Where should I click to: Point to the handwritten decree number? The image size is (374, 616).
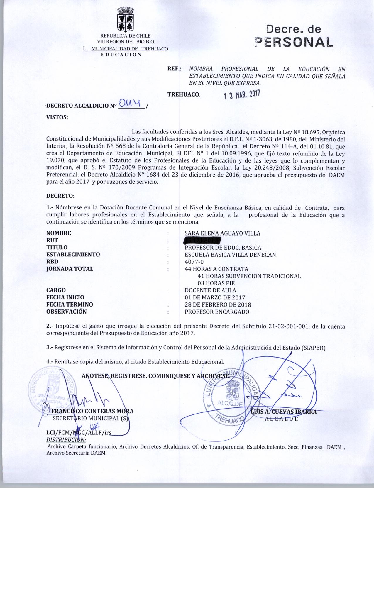(x=131, y=104)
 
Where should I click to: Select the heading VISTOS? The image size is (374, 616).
(x=57, y=117)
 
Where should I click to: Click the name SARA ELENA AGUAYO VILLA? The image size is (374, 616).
(x=222, y=233)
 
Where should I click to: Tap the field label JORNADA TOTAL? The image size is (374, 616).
(x=70, y=269)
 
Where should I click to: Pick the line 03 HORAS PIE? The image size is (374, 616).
(x=216, y=283)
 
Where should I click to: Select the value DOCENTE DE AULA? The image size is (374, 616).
(x=210, y=290)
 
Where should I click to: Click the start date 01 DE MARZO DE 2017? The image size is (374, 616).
(x=215, y=297)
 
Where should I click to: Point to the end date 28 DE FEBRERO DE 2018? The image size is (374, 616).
(x=218, y=305)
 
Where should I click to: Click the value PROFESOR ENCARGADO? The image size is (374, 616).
(x=217, y=312)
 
